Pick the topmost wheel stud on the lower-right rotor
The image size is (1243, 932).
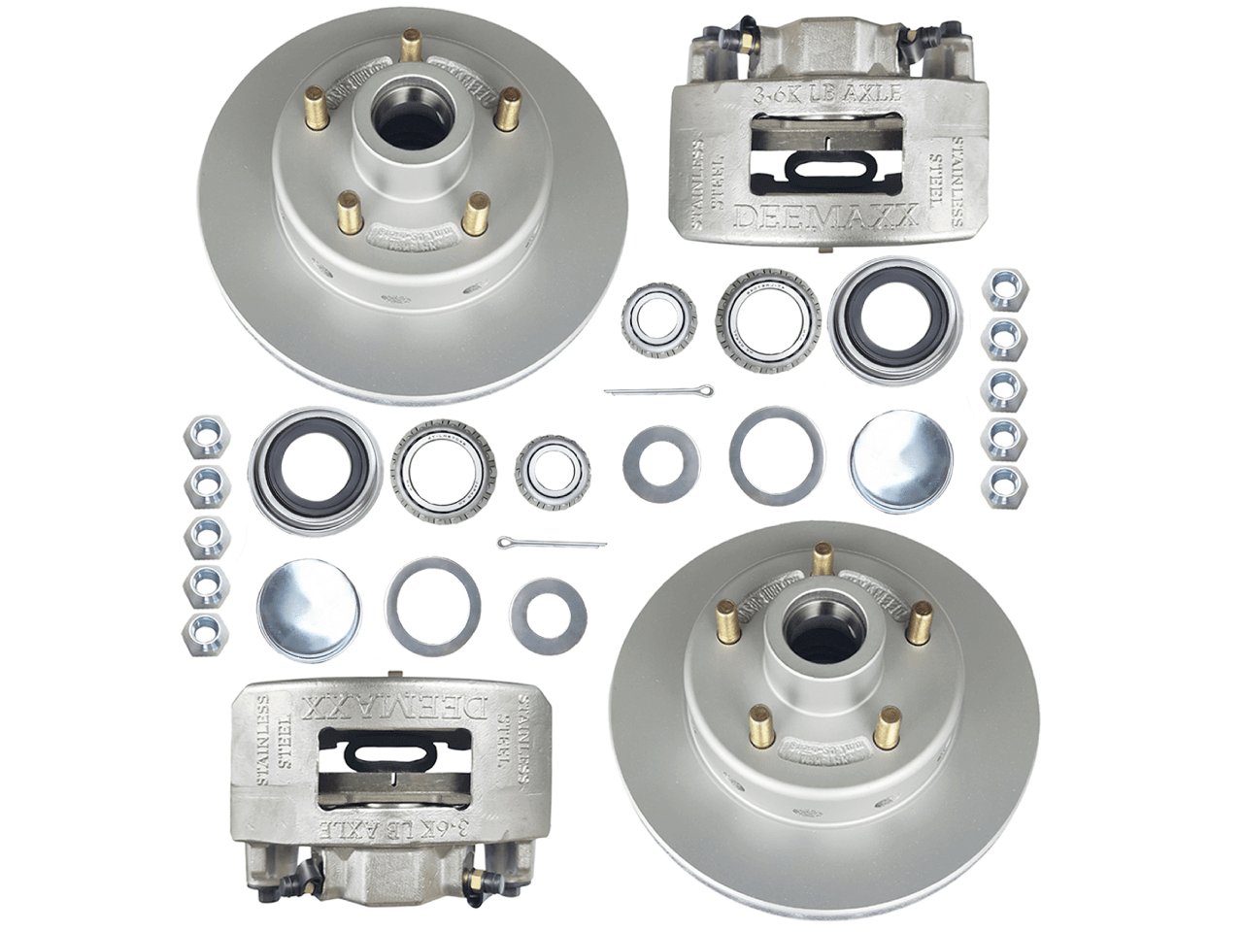pos(823,558)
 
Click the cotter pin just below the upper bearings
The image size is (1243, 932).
pos(658,391)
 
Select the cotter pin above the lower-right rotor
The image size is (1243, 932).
pos(552,543)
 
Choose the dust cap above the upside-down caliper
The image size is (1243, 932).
pos(308,609)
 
